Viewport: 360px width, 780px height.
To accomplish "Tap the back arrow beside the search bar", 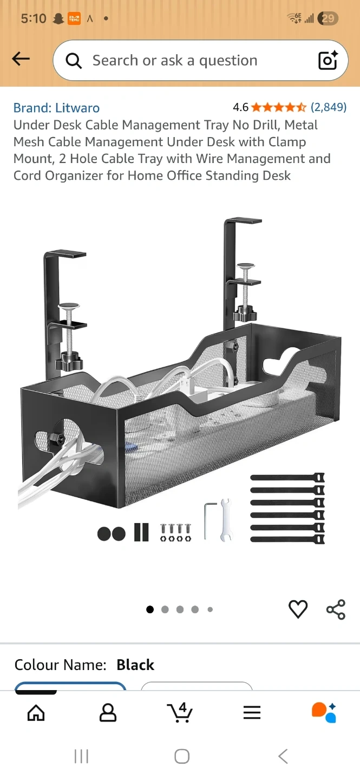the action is pos(21,58).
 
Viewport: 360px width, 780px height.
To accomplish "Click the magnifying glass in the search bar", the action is pos(74,61).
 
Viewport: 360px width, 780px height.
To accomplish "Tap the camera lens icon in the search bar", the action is pos(328,60).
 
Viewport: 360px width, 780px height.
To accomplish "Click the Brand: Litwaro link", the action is pos(56,108).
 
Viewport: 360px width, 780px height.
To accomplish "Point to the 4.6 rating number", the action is pos(240,107).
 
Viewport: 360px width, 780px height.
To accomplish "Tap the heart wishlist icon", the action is pos(298,609).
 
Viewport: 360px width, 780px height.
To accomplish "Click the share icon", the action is pos(336,609).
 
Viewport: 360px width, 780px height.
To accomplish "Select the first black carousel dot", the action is pos(150,609).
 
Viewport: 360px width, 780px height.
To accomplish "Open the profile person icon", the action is pos(108,712).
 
